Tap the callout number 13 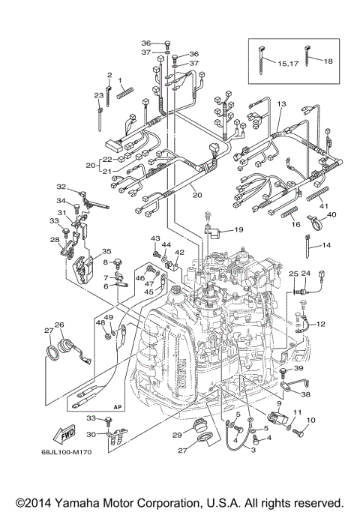(281, 103)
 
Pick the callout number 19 (238, 229)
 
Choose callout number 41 (324, 205)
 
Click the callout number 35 (106, 251)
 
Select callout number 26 (59, 325)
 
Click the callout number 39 (298, 369)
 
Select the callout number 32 (61, 187)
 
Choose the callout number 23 (98, 95)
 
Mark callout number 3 (253, 450)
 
